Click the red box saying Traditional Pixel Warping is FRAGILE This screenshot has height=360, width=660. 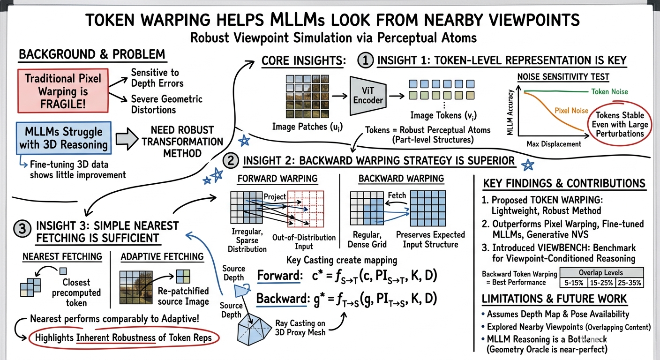tap(63, 91)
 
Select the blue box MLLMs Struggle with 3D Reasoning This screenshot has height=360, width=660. tap(64, 138)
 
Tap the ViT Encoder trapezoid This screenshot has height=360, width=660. tap(367, 96)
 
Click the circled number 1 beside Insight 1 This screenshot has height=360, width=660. tap(365, 60)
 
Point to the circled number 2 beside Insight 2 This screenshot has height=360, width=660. tap(231, 161)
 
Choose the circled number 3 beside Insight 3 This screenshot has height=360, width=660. tap(22, 229)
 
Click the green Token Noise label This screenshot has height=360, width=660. tap(609, 91)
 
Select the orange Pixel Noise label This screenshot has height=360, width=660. tap(571, 111)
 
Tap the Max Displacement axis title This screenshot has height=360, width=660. tap(554, 144)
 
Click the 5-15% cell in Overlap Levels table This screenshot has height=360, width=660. tap(573, 283)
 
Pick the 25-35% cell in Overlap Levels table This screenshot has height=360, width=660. tap(630, 283)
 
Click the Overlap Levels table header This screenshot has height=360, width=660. tap(601, 272)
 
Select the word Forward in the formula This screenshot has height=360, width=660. tap(280, 276)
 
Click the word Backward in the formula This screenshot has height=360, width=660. tap(281, 299)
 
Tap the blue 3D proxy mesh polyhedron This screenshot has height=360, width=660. tap(254, 330)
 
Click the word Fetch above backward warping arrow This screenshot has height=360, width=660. tap(397, 195)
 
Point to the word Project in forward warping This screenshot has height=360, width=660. tap(275, 197)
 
